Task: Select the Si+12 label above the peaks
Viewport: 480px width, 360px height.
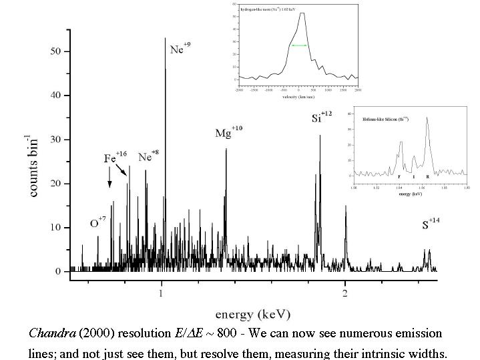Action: click(321, 118)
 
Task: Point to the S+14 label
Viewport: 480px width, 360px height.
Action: click(430, 224)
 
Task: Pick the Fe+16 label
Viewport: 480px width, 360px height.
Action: click(115, 158)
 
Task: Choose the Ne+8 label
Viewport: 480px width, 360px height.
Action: click(148, 157)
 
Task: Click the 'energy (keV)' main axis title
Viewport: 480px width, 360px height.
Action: click(252, 313)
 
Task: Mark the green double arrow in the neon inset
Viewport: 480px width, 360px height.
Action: click(298, 45)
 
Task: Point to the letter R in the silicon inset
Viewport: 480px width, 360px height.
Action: click(428, 176)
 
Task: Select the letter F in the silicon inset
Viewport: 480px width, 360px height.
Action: click(399, 176)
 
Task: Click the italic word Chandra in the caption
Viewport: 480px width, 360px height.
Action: click(50, 333)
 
